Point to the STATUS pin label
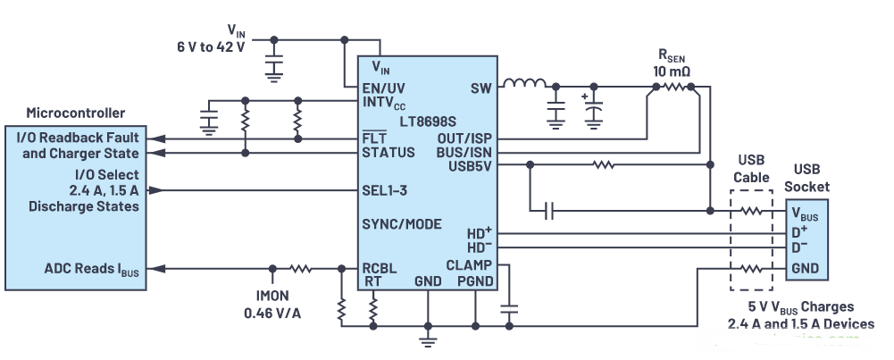389,153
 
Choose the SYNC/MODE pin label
401,224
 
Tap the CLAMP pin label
468,265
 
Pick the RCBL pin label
380,267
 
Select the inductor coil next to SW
524,87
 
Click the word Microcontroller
76,113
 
